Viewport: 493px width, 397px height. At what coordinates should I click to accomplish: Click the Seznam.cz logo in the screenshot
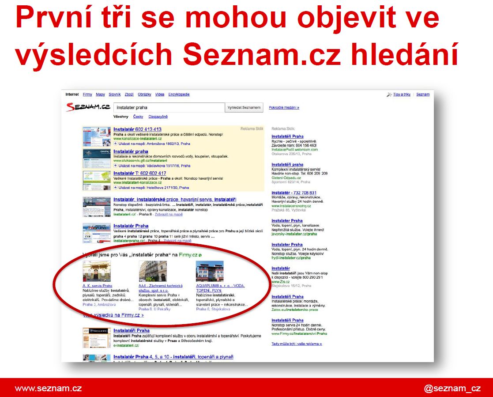pos(88,107)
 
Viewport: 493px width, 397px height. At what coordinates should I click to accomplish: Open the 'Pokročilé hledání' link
pos(284,107)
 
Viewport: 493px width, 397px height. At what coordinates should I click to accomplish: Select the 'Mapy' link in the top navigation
pos(100,95)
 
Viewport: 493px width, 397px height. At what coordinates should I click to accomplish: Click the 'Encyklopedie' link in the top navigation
pos(179,95)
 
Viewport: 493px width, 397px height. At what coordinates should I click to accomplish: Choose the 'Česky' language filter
pos(138,117)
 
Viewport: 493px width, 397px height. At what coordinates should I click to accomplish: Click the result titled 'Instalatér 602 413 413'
pos(137,129)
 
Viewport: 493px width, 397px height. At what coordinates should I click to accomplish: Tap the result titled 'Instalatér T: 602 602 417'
pos(139,173)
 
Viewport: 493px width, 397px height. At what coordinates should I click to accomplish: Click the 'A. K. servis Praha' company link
pos(97,286)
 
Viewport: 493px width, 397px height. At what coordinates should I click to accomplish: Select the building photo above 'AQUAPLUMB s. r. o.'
pos(210,271)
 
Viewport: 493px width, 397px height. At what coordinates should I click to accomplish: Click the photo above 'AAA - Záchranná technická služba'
pos(153,271)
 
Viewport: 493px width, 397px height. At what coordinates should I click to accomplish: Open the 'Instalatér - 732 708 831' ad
pos(294,193)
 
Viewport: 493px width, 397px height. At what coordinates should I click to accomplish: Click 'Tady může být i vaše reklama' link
pos(297,344)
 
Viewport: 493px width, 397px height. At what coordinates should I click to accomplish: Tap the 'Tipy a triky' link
pos(402,95)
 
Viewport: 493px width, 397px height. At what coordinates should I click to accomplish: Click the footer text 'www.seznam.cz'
pos(48,389)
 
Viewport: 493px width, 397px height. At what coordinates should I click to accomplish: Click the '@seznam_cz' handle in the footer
pos(452,389)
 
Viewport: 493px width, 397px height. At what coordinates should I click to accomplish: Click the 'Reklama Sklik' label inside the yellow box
pos(252,129)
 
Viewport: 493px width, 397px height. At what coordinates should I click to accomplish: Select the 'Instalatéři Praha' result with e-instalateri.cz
pos(131,330)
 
